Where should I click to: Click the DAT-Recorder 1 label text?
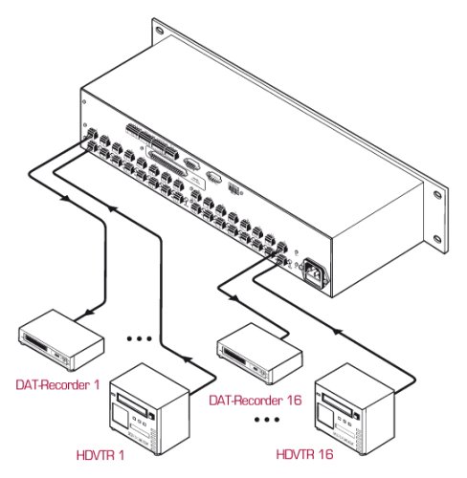coord(57,384)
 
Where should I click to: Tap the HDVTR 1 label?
coord(100,455)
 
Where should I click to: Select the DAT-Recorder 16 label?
coord(256,401)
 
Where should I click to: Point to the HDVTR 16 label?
coord(304,454)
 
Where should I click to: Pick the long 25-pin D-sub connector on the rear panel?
coord(167,162)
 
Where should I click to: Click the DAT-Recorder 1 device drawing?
coord(61,339)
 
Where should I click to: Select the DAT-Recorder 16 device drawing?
coord(260,353)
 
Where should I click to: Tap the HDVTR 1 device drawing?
coord(150,409)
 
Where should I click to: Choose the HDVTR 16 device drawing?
coord(355,409)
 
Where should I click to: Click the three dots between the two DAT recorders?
coord(140,338)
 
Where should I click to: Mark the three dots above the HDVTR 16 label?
coord(267,420)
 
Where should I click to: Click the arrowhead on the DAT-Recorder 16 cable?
coord(234,298)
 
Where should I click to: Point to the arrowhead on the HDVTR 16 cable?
coord(337,332)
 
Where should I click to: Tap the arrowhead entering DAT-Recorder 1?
coord(91,312)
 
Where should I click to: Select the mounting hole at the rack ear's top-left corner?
coord(160,31)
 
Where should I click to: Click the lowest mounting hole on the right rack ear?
coord(437,239)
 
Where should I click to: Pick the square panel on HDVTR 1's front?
coord(120,416)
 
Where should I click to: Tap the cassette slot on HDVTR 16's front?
coord(337,404)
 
